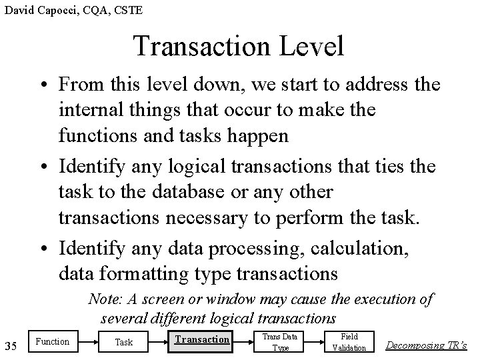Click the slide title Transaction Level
coord(239,46)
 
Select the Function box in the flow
coord(52,342)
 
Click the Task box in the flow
coord(124,343)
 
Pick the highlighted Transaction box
coord(201,340)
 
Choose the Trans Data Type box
coord(280,342)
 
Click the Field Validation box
coord(349,342)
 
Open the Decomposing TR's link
coord(427,345)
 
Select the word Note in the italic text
coord(103,300)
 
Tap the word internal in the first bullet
coord(89,109)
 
